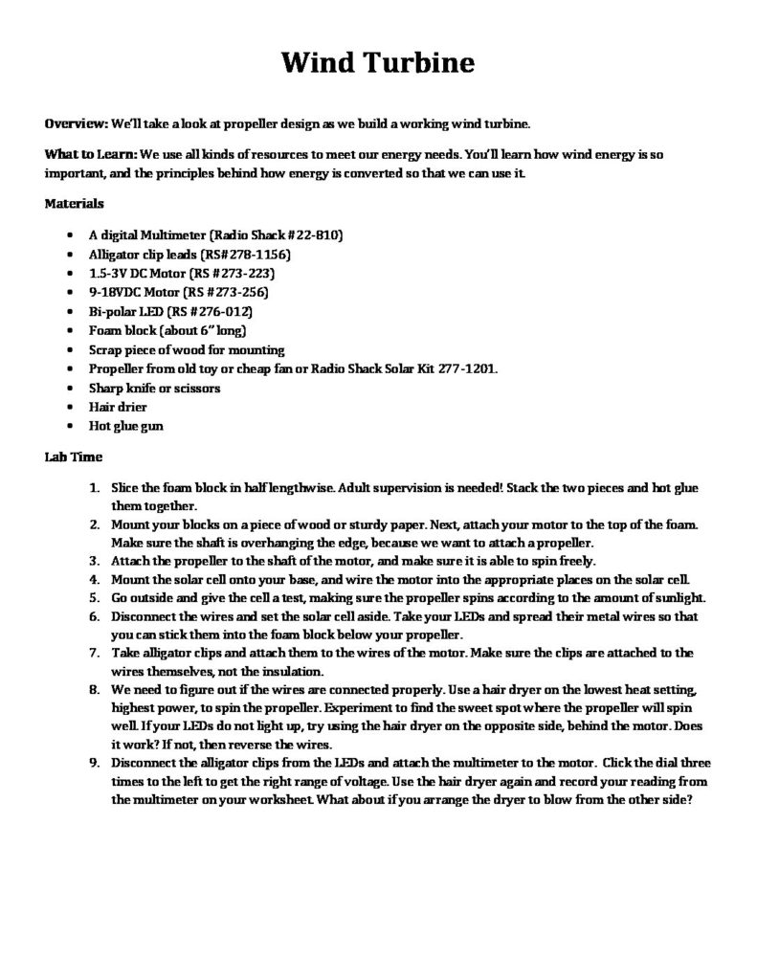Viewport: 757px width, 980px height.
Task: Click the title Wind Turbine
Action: coord(378,63)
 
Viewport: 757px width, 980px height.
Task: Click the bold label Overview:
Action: coord(77,124)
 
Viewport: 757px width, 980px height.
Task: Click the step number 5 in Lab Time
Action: coord(95,598)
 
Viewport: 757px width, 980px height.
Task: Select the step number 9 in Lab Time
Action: coord(95,763)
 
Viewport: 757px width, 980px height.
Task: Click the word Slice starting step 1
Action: coord(125,488)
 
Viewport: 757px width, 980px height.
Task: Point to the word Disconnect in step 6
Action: coord(143,617)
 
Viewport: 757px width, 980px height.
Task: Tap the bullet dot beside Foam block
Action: coord(74,331)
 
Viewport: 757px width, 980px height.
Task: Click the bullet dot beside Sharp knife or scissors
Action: coord(74,389)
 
